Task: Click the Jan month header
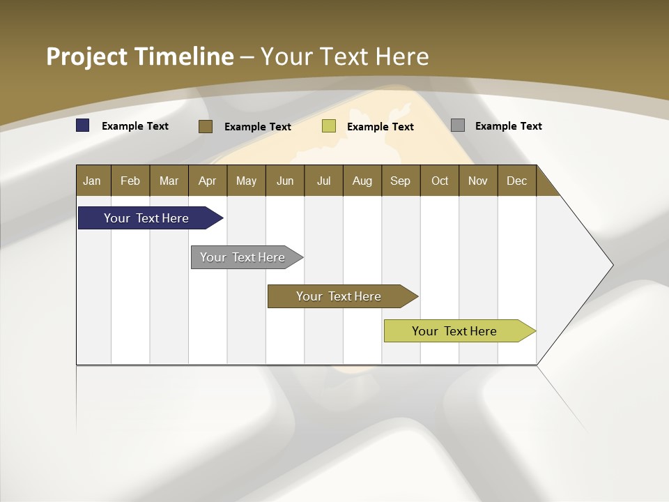(93, 181)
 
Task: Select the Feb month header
(130, 181)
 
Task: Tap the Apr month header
(208, 181)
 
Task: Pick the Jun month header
(285, 181)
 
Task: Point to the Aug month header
(362, 181)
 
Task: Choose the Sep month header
(401, 181)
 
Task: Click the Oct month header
(440, 181)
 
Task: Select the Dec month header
(517, 181)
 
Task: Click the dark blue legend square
(83, 125)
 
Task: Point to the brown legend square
(206, 126)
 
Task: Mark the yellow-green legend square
(329, 126)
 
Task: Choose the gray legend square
(458, 125)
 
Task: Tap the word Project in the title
(86, 57)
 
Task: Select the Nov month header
(478, 181)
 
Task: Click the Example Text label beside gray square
(508, 126)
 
